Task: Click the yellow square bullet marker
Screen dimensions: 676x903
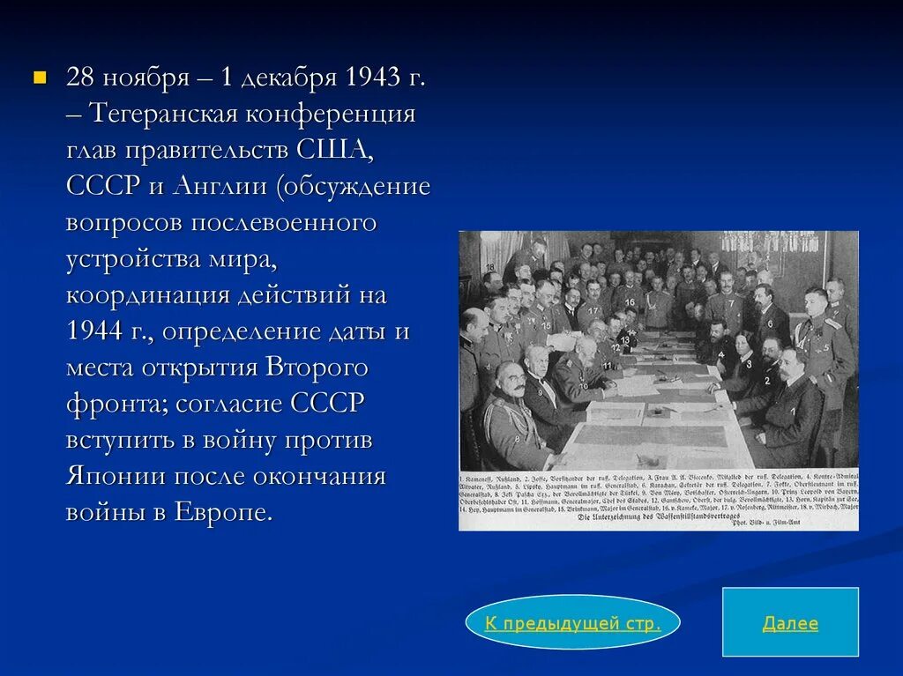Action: (38, 78)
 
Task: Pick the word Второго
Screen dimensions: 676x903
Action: (310, 368)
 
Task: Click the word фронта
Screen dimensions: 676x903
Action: (115, 404)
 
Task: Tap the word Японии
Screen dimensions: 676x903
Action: (116, 477)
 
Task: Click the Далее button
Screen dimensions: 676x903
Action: (790, 623)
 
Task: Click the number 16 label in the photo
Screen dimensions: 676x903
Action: (630, 301)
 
